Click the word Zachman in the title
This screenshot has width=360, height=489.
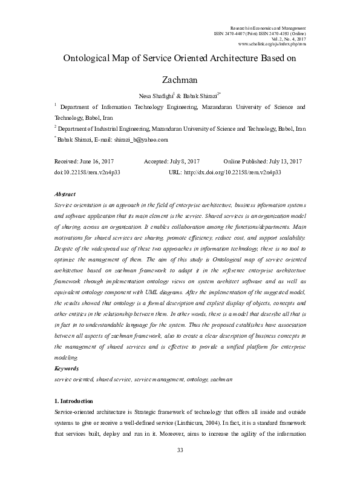coord(180,79)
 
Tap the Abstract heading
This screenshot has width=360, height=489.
coord(65,194)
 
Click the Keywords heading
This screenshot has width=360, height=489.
coord(67,368)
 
